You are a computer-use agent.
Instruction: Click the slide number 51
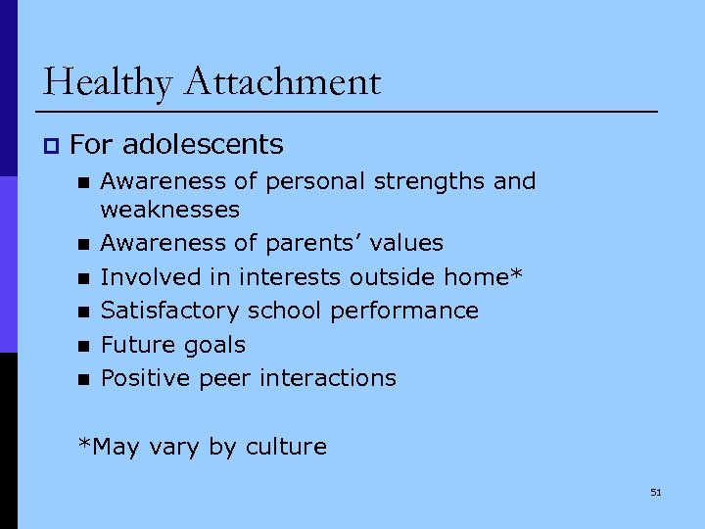656,492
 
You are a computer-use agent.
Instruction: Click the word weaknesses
170,210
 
